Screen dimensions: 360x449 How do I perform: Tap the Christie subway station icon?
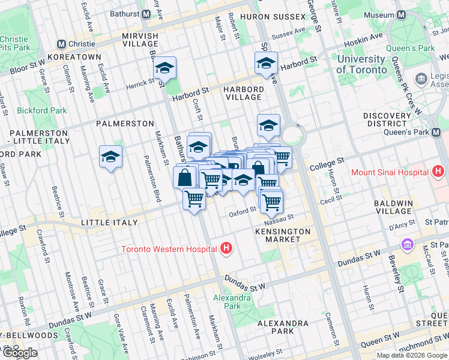[x=61, y=44]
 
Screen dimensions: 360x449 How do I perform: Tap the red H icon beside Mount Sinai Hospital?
[x=438, y=172]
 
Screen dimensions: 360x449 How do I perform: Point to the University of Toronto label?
[x=361, y=64]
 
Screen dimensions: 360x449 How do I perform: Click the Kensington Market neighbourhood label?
[x=283, y=235]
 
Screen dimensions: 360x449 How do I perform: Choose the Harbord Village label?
[x=243, y=93]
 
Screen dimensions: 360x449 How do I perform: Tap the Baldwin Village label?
[x=393, y=208]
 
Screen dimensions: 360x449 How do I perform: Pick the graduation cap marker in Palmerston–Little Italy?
[x=110, y=157]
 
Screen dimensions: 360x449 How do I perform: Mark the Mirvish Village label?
[x=140, y=40]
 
